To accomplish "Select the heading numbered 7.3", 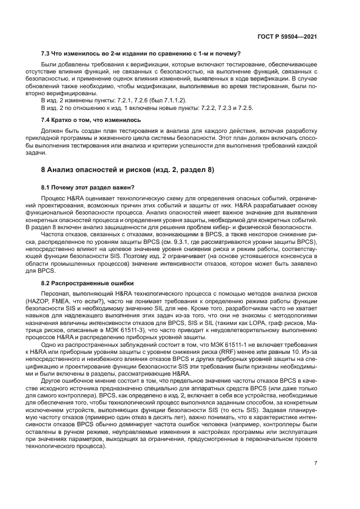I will point(141,53).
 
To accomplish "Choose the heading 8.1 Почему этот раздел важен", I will point(88,188).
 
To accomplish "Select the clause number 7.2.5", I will point(244,108).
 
